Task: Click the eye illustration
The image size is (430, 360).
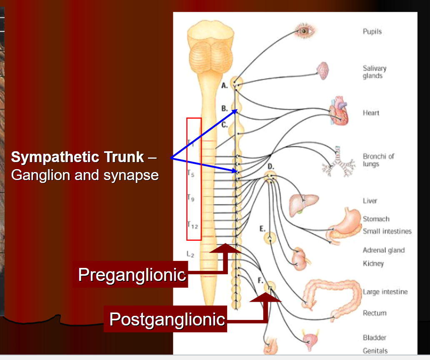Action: tap(305, 30)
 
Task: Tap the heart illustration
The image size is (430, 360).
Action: tap(339, 111)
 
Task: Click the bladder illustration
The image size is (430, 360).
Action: tap(310, 340)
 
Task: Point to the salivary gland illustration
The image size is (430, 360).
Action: tap(323, 71)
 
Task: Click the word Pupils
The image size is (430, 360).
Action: tap(372, 32)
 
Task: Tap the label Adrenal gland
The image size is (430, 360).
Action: tap(383, 250)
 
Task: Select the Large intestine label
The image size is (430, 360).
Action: tap(385, 292)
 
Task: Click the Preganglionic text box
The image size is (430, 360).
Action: tap(132, 275)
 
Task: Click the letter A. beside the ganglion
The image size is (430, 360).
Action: tap(225, 85)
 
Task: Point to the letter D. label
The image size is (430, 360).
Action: tap(271, 167)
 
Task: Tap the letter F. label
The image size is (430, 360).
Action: tap(260, 280)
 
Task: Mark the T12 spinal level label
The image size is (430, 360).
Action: tap(192, 225)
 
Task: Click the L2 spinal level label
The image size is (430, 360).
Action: tap(190, 253)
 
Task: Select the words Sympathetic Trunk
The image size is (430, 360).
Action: tap(77, 157)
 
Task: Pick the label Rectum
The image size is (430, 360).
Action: tap(375, 313)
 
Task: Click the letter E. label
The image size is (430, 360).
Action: tap(262, 229)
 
